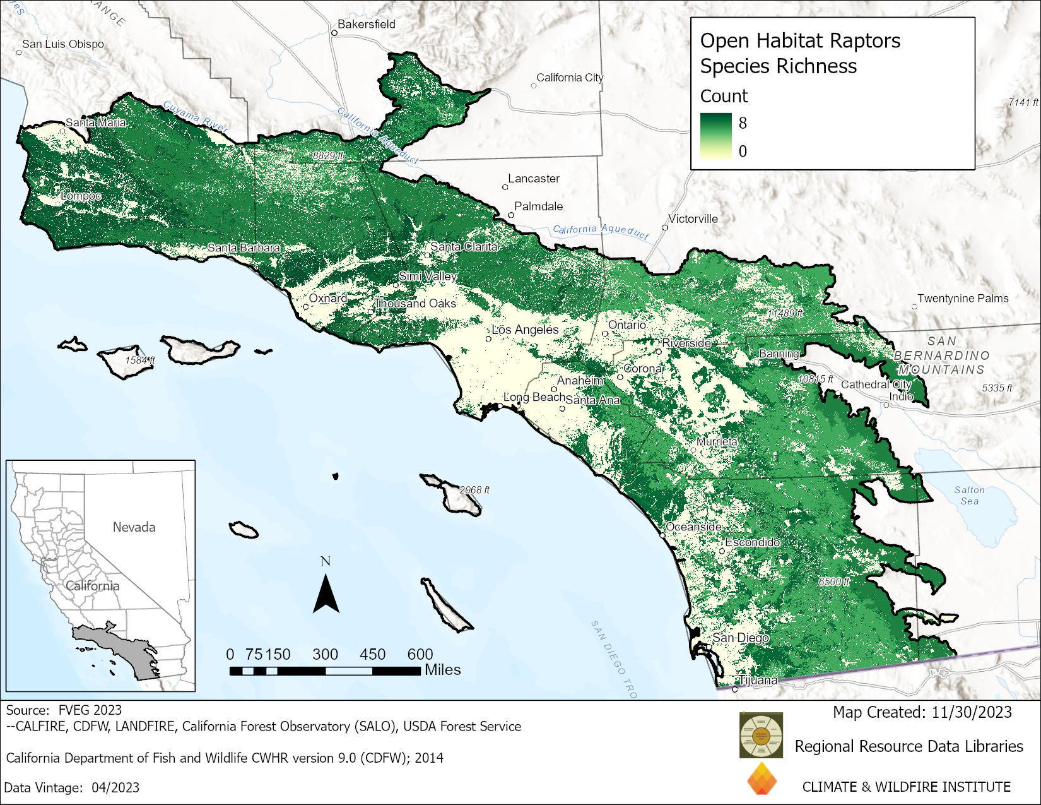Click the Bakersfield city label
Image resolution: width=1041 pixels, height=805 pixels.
coord(366,24)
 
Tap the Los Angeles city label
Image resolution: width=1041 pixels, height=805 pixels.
coord(525,330)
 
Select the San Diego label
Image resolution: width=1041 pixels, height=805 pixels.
coord(741,638)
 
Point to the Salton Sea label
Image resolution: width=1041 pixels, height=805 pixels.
coord(969,496)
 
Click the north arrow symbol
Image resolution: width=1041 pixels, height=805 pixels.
coord(326,594)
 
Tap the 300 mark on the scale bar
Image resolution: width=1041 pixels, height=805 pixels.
coord(325,655)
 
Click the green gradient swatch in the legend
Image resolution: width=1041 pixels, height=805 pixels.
coord(715,136)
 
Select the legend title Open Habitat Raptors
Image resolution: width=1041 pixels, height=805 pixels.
coord(800,40)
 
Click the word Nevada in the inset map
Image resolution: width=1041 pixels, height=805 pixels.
coord(134,527)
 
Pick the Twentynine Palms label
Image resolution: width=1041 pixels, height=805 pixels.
coord(963,298)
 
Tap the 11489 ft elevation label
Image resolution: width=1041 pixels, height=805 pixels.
coord(785,313)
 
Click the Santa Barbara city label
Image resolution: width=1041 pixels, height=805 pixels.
coord(244,247)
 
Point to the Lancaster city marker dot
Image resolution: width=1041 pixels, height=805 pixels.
coord(505,187)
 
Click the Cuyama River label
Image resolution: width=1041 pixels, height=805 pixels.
coord(195,116)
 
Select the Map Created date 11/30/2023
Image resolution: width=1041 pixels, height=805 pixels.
coord(972,712)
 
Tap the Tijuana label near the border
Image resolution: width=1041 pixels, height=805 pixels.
coord(758,680)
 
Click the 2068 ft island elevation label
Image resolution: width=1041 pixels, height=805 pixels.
coord(474,490)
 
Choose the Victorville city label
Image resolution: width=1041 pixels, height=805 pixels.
coord(693,219)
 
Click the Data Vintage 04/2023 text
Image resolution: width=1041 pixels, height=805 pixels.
coord(72,787)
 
